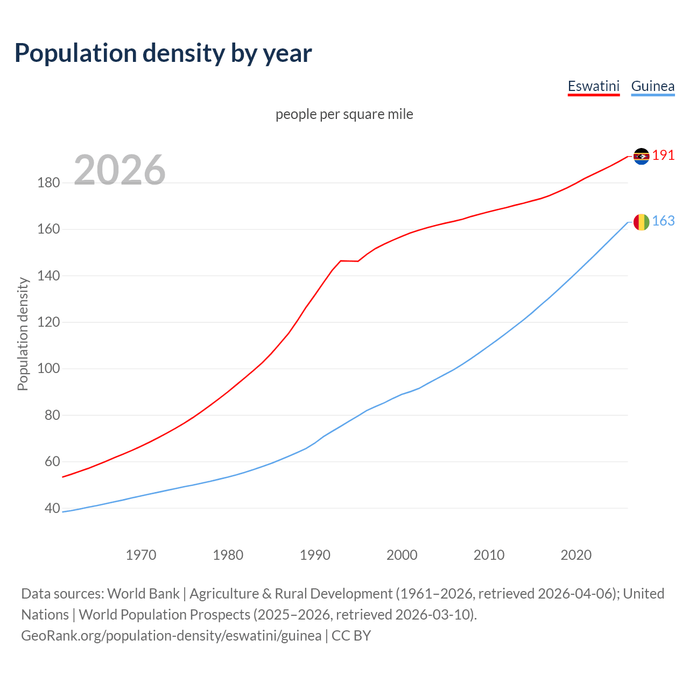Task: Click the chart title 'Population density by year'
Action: point(163,53)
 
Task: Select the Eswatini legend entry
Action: point(594,86)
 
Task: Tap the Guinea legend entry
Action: point(652,86)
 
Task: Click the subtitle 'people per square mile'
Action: point(344,114)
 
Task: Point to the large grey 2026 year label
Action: point(119,170)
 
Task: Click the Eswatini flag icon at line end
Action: point(641,156)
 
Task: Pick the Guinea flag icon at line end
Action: point(641,222)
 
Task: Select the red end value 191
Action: point(663,156)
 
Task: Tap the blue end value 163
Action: point(663,221)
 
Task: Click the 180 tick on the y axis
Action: point(48,183)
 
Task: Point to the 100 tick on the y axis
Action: point(48,369)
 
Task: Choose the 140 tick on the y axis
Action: point(48,276)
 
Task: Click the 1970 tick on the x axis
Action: point(141,555)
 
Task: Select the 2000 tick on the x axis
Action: point(402,555)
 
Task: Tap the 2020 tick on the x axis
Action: point(576,555)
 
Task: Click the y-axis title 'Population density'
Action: point(23,334)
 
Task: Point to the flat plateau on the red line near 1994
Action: point(349,261)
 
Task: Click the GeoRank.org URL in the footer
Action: point(171,636)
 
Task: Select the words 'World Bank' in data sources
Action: point(143,594)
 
